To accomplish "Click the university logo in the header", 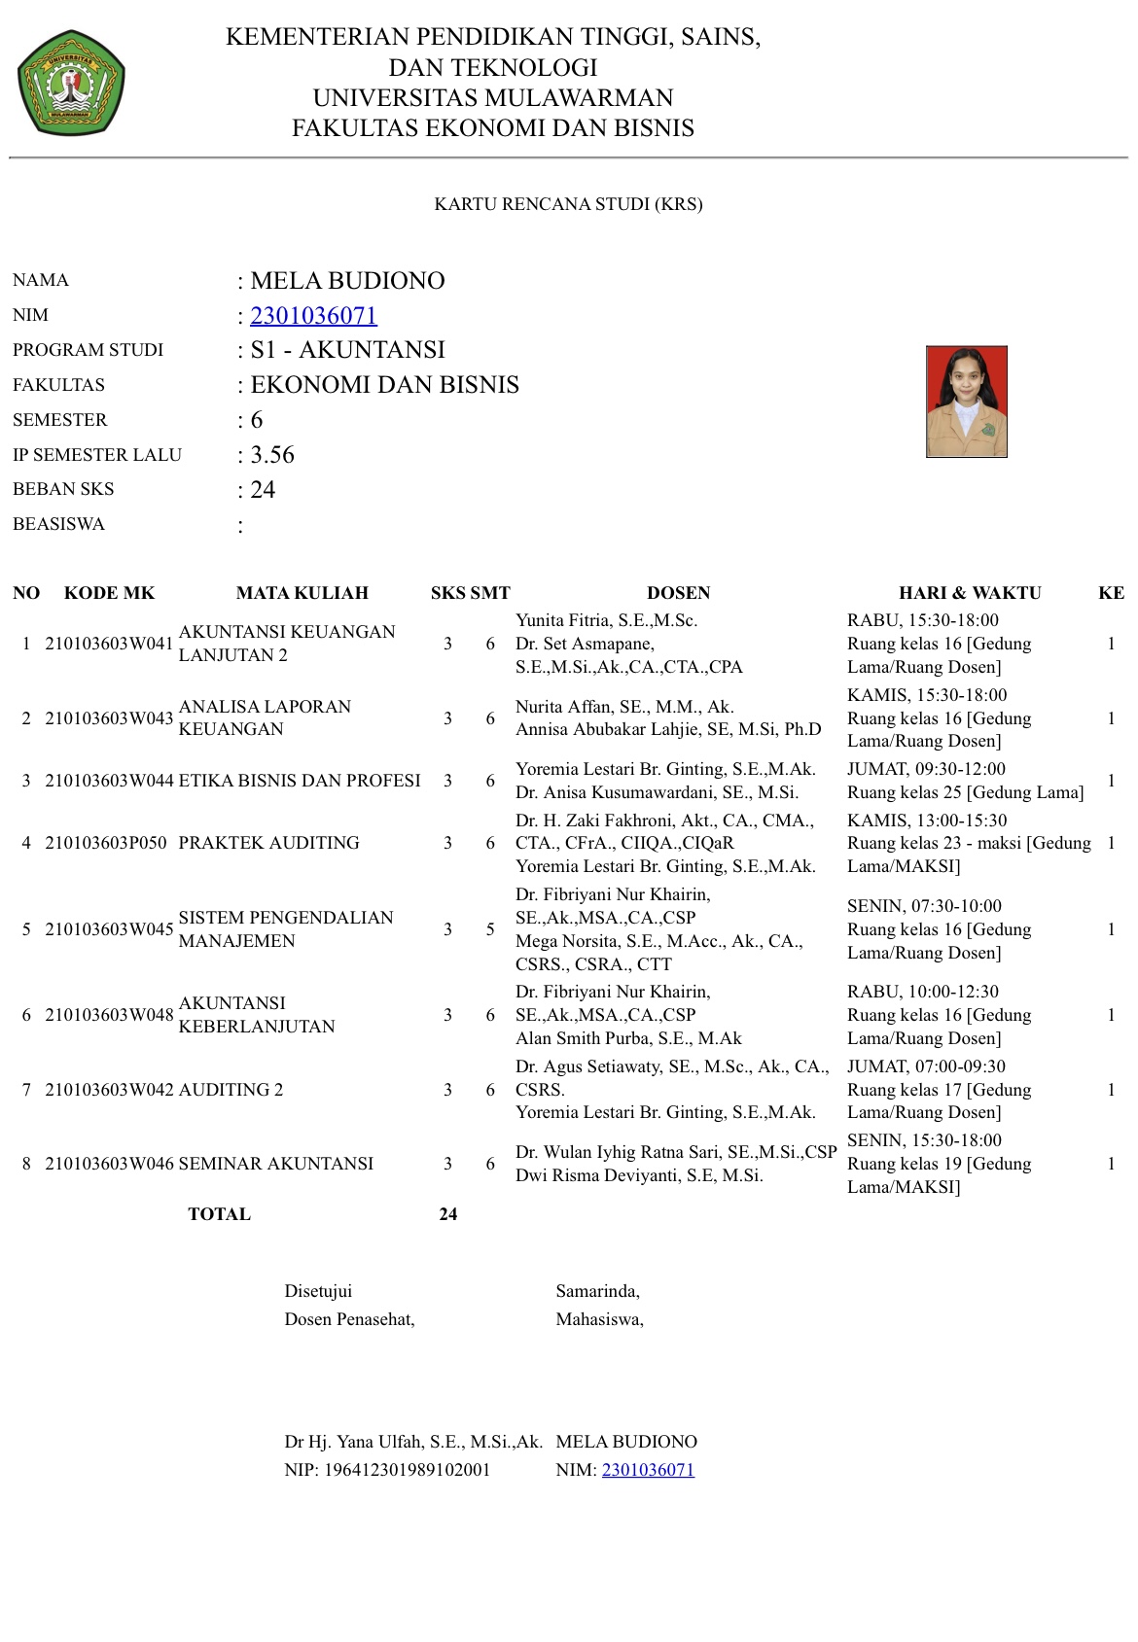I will pos(71,83).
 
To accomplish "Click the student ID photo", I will pos(966,401).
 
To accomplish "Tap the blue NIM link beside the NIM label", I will pos(313,316).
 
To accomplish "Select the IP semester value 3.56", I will pos(272,455).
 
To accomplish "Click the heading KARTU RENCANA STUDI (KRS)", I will pos(568,204).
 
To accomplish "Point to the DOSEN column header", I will pos(678,593).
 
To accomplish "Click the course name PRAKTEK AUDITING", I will pos(268,843).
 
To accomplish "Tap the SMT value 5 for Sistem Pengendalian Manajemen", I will pos(490,929).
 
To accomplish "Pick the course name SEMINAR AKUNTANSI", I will pos(275,1164).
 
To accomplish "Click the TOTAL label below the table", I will pos(219,1214).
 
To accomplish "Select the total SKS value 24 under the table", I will pos(447,1214).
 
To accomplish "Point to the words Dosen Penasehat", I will pos(349,1319).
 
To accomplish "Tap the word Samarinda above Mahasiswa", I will pos(597,1291).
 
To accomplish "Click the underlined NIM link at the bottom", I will pos(648,1470).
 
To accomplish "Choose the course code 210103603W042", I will pos(109,1090).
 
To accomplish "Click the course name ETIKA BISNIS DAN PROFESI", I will pos(300,781).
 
